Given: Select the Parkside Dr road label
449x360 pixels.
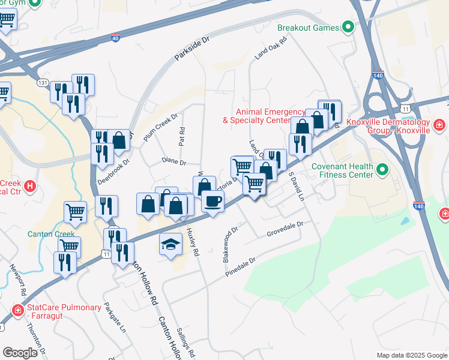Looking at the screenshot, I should point(193,49).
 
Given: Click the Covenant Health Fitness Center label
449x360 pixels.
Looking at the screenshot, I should point(343,171).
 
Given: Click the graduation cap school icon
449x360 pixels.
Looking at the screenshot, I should point(170,244).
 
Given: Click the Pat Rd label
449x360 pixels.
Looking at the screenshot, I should point(181,139).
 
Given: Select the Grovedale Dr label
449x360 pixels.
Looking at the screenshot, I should point(286,228).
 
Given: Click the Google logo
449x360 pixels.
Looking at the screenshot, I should point(20,352).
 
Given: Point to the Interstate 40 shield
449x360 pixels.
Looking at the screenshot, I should point(115,37).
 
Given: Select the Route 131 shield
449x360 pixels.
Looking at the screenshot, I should point(43,82).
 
